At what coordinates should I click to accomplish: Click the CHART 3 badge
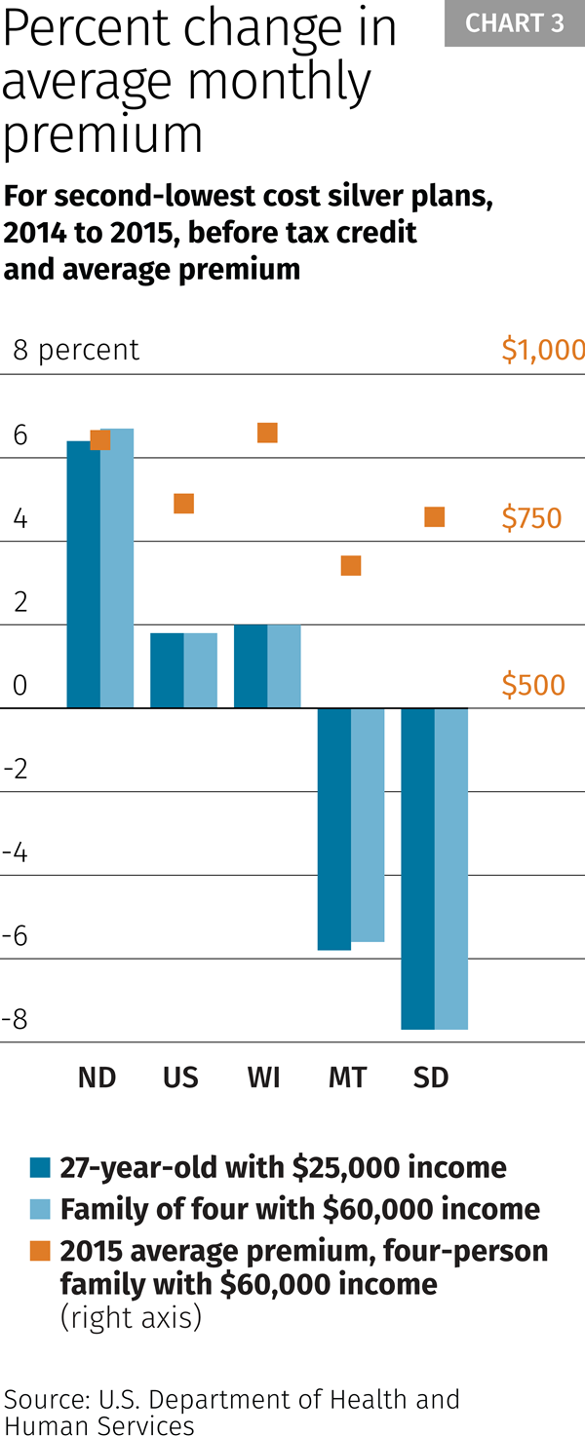[514, 23]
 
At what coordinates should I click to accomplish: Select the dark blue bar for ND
[83, 574]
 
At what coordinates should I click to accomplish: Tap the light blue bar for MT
[368, 824]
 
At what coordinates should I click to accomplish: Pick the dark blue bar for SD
[417, 868]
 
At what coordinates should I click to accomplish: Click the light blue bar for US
[200, 670]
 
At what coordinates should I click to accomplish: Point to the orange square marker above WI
[267, 433]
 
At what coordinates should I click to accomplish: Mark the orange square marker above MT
[351, 565]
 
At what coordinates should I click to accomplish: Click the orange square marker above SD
[435, 516]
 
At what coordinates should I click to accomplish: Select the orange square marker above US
[183, 503]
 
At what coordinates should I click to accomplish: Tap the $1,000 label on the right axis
[542, 350]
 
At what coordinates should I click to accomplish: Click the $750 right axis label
[531, 518]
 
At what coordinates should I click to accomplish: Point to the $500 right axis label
[532, 686]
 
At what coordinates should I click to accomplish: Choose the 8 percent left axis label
[76, 350]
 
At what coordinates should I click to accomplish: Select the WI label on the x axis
[263, 1077]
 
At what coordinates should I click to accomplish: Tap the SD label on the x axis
[431, 1077]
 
